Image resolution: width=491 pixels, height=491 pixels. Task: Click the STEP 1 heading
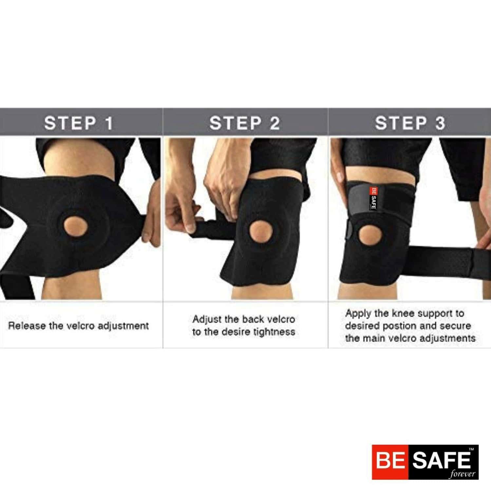pyautogui.click(x=79, y=123)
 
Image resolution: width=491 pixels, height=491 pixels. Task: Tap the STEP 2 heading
pyautogui.click(x=244, y=123)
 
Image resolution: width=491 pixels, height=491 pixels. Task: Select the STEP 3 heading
pyautogui.click(x=410, y=123)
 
